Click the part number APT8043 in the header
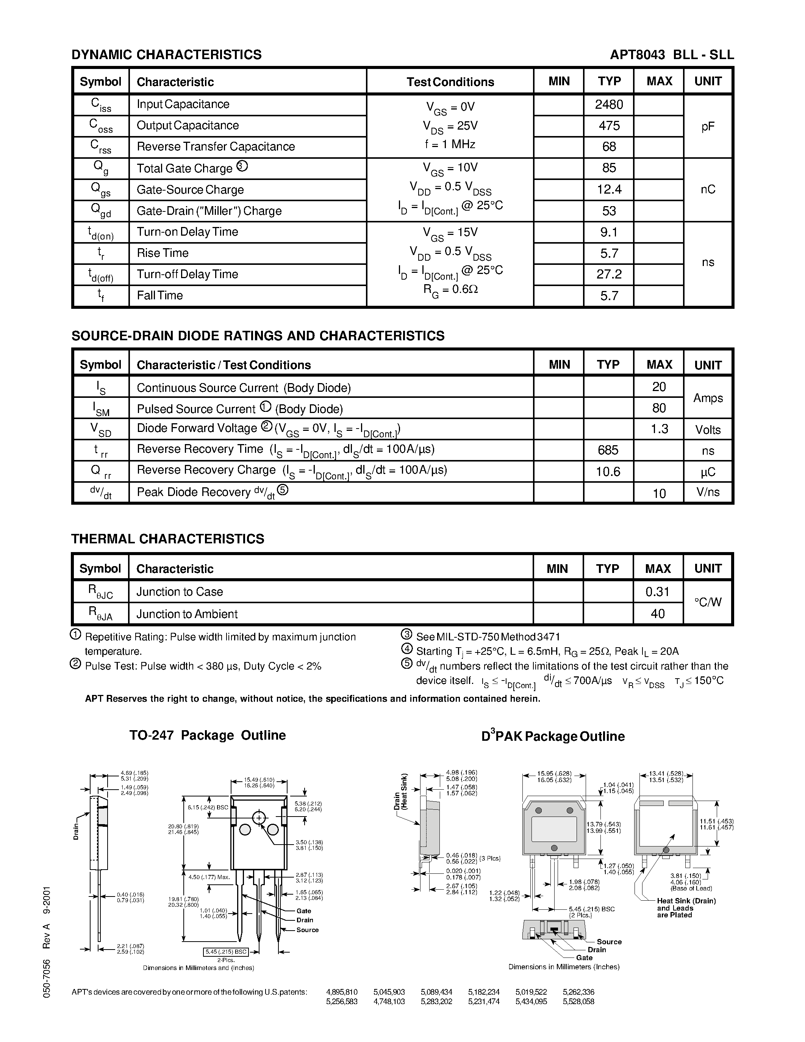point(637,55)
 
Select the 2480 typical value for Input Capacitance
point(609,105)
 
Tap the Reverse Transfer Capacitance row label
point(216,147)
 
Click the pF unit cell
point(708,127)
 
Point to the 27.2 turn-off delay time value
point(609,274)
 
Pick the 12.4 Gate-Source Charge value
point(609,190)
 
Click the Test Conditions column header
point(450,82)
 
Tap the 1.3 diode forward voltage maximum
point(659,429)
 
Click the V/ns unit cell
point(708,492)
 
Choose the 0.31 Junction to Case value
point(658,592)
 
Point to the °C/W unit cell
point(708,602)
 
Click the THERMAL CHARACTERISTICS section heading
point(167,539)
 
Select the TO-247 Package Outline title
point(208,735)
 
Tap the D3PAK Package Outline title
point(553,736)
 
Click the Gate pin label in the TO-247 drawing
point(303,911)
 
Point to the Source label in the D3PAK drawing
point(609,942)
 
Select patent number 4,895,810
point(341,992)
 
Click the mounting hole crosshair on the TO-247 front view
point(259,818)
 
